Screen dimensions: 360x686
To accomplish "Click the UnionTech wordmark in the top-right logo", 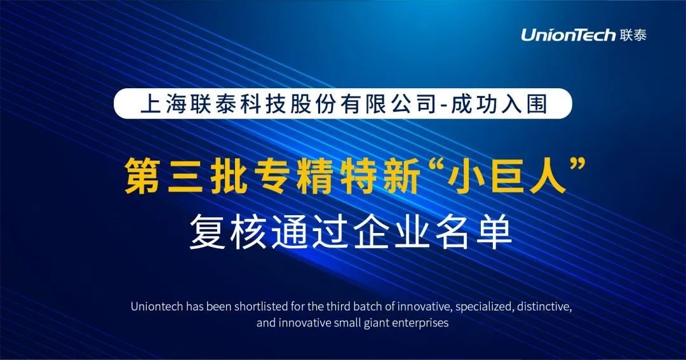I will tap(568, 34).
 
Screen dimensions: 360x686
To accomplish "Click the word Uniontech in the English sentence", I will tap(157, 307).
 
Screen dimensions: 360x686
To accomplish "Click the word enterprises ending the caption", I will tap(420, 323).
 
